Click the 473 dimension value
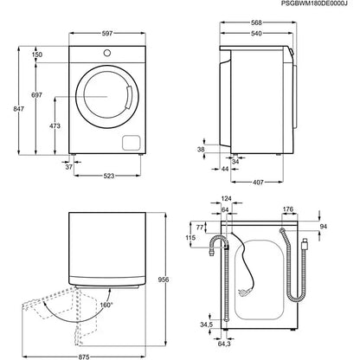pyautogui.click(x=55, y=127)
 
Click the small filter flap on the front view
pyautogui.click(x=131, y=142)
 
